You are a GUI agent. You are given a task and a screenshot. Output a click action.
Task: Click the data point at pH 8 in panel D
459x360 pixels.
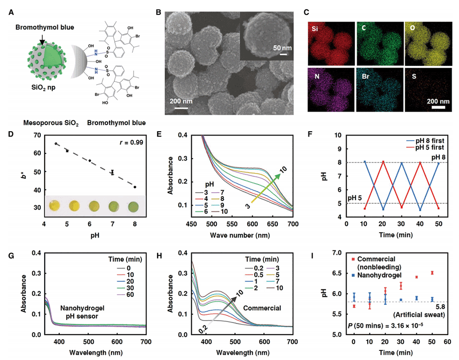pos(135,187)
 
